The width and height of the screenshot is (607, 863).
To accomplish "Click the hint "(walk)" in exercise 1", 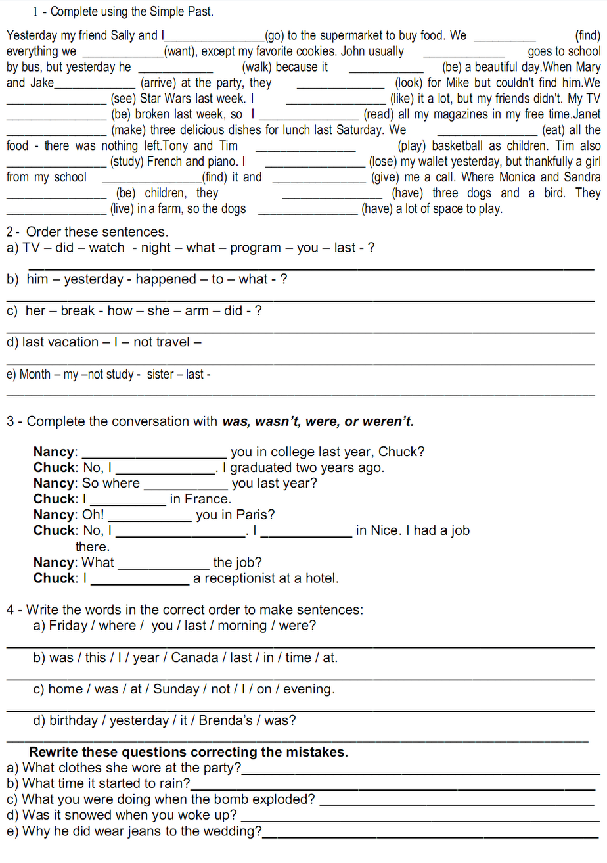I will [258, 67].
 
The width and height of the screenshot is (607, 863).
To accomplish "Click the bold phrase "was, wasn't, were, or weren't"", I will [318, 421].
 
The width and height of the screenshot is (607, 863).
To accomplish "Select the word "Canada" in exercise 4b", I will [195, 658].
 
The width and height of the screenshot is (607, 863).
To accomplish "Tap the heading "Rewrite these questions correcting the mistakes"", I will [189, 752].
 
